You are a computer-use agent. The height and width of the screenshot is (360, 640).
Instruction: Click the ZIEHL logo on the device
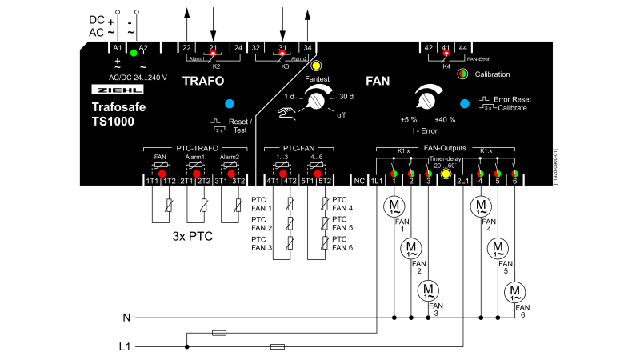click(x=107, y=91)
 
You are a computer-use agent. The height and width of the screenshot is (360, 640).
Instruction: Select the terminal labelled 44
click(x=463, y=48)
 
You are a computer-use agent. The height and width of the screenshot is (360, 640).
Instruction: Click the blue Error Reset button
click(x=464, y=103)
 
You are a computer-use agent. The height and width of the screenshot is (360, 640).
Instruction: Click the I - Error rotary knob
click(x=425, y=100)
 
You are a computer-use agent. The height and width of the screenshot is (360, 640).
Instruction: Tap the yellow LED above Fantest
click(x=316, y=66)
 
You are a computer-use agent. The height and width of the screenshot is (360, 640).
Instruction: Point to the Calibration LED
click(x=462, y=74)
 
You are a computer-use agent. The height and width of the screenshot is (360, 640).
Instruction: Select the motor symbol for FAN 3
click(x=429, y=289)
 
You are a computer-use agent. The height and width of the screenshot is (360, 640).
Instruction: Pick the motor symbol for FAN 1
click(x=394, y=204)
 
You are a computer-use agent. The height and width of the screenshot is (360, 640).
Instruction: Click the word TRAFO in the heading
click(x=203, y=82)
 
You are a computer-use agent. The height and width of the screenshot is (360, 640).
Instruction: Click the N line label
click(x=126, y=318)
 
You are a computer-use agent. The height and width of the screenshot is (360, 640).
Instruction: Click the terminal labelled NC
click(x=359, y=182)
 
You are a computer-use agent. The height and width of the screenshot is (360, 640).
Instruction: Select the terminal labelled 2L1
click(x=462, y=182)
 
